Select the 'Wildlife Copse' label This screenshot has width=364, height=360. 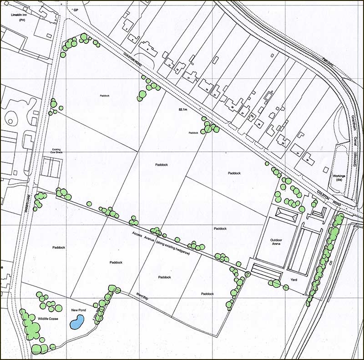point(49,319)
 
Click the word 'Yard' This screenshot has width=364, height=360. point(293,279)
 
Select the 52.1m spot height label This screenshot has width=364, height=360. point(184,109)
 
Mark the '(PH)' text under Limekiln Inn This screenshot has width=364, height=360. point(21,20)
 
